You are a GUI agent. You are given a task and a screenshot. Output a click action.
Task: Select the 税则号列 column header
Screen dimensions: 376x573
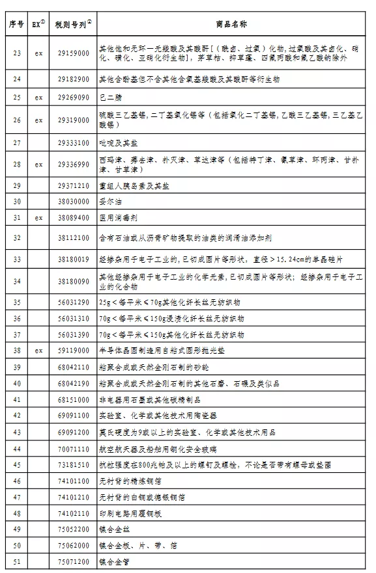coord(73,25)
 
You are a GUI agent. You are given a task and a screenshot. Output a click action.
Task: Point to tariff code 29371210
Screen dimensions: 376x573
coord(73,186)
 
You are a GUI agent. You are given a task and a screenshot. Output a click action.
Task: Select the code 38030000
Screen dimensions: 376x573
coord(73,202)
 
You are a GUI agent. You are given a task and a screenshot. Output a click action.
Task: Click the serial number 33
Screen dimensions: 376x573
coord(17,259)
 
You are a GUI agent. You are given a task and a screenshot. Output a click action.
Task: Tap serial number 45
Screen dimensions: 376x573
coord(17,465)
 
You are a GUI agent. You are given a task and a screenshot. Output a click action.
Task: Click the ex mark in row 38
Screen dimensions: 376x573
coord(38,351)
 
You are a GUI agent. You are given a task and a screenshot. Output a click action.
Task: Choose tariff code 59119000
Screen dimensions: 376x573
coord(73,351)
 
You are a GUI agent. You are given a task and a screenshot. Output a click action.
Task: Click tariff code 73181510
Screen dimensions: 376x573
coord(73,465)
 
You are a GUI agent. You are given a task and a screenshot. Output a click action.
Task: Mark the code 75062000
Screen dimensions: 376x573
coord(73,545)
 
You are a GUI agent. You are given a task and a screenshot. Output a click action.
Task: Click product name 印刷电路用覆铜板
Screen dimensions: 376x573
coord(129,513)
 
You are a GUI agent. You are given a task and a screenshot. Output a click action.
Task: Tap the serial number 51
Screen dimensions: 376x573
coord(17,561)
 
